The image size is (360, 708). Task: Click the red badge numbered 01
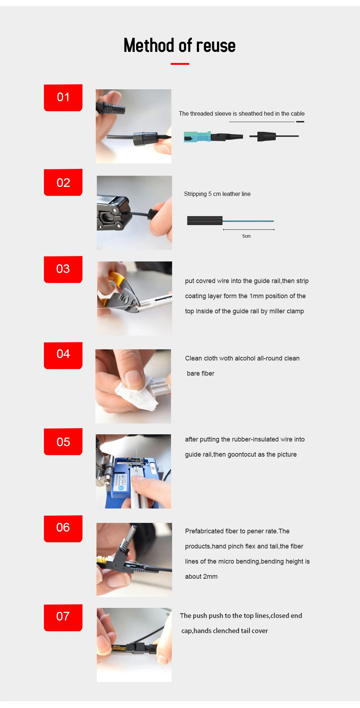[x=63, y=98]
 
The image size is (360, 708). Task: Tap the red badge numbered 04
[x=63, y=355]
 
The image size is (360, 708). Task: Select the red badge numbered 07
[x=63, y=618]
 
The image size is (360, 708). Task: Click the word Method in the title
[x=149, y=45]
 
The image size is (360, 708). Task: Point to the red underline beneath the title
[x=180, y=64]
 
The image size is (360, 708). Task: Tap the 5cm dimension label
[x=247, y=236]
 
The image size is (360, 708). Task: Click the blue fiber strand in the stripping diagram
[x=248, y=221]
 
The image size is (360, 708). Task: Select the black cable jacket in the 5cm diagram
[x=205, y=220]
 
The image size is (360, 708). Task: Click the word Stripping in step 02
[x=195, y=194]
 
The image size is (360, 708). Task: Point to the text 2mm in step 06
[x=210, y=577]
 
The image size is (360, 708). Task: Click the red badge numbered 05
[x=63, y=442]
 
